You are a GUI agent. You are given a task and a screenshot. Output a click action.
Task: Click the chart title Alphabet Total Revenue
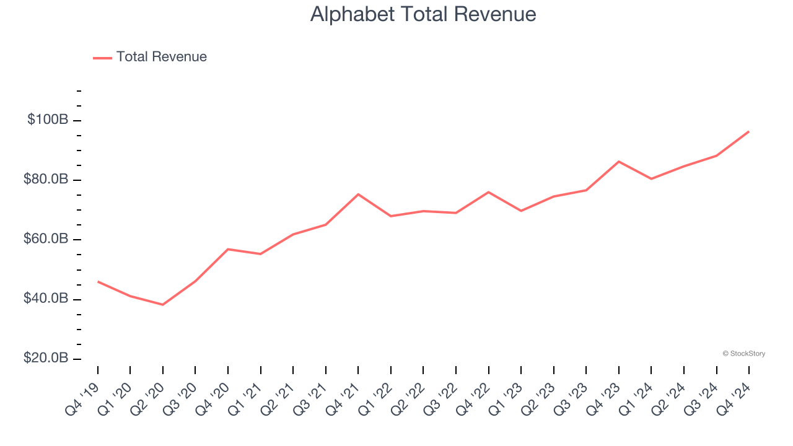point(423,14)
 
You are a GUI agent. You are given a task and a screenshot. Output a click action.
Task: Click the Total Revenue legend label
point(161,57)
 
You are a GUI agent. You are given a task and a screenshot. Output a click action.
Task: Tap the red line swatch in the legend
point(102,58)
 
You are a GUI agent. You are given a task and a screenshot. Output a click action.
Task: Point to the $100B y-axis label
point(48,120)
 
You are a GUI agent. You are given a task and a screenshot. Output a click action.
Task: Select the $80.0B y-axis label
point(46,180)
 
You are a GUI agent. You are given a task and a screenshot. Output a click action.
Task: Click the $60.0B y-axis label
point(46,239)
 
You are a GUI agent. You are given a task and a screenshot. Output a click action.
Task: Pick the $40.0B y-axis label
point(46,299)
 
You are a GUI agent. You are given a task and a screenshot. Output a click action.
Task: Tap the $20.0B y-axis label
point(46,359)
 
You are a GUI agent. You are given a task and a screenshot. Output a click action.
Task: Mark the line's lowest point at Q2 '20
point(163,305)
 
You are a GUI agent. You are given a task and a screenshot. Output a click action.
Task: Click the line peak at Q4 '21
point(358,194)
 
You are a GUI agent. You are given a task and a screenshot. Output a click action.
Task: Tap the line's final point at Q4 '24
point(748,131)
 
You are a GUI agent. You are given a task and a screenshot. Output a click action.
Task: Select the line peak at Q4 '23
point(619,161)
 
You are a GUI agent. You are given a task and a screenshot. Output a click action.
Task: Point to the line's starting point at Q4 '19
point(98,281)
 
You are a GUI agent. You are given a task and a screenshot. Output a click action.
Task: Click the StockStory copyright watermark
point(743,354)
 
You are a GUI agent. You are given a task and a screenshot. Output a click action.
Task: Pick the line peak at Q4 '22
point(489,192)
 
